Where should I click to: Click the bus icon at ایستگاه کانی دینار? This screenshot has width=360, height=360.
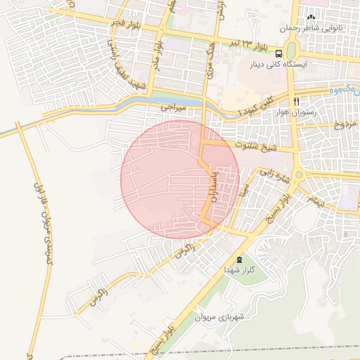pyautogui.click(x=280, y=53)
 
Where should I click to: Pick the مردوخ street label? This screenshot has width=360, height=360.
pyautogui.click(x=345, y=125)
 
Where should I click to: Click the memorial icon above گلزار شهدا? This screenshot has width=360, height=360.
pyautogui.click(x=239, y=259)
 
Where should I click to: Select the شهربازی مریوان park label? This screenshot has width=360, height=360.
pyautogui.click(x=219, y=317)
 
